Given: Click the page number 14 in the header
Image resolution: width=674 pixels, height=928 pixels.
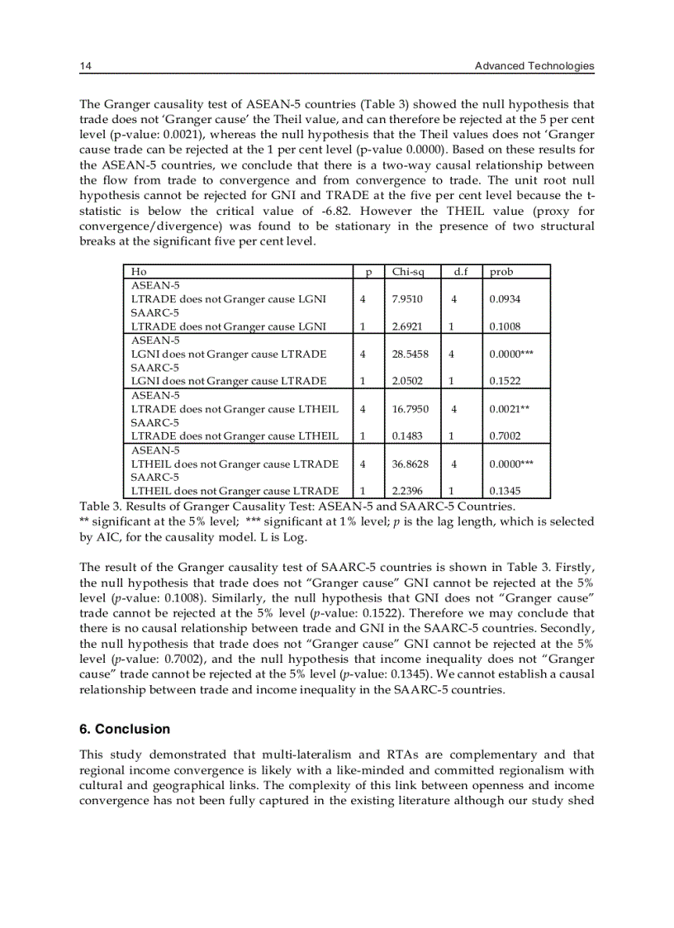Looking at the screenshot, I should click(x=84, y=66).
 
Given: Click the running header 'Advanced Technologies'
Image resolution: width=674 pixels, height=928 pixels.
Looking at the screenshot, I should click(x=534, y=66).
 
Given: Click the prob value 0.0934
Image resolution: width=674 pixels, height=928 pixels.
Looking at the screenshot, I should click(x=505, y=298).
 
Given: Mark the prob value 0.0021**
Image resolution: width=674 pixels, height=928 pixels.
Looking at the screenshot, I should click(x=509, y=408).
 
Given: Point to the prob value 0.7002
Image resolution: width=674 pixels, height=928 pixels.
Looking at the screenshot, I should click(x=505, y=435).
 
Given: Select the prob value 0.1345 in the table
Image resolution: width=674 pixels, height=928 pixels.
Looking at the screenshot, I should click(x=505, y=491).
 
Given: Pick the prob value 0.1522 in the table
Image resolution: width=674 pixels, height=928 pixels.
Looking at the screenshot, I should click(x=505, y=381).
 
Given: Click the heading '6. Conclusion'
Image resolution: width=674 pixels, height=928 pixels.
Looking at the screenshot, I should click(x=125, y=729).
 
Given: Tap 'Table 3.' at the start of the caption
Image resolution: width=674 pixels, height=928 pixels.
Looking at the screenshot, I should click(x=101, y=506).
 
